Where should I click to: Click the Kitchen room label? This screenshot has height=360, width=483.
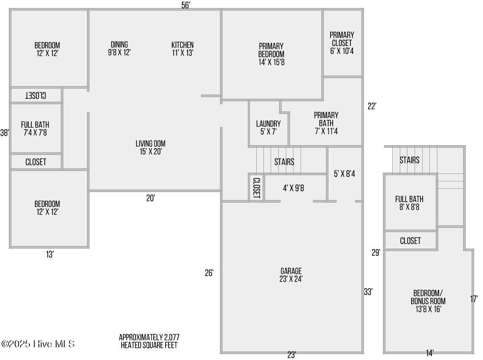coord(182,49)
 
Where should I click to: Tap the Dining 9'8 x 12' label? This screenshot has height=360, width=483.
coord(119,49)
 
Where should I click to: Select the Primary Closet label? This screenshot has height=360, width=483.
coord(342,43)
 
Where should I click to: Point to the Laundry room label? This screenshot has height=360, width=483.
coord(268,128)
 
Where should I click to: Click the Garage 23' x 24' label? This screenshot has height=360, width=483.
coord(291,275)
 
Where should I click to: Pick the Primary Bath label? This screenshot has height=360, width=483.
coord(326,123)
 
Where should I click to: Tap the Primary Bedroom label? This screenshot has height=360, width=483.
coord(271,54)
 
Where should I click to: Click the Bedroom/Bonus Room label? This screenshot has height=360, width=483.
coord(428,301)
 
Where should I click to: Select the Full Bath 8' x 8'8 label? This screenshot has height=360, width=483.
coord(410,203)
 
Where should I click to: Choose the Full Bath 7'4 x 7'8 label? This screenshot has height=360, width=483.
coord(35,129)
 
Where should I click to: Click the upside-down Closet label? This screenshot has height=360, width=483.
coord(36,95)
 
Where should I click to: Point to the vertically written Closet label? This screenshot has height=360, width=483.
coord(257,188)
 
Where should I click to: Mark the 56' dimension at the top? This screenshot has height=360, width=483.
coord(185,5)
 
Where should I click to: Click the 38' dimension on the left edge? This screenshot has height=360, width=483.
coord(4,133)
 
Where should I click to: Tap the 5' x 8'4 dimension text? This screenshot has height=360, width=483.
coord(345,174)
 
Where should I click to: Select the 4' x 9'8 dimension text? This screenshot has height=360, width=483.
coord(293,188)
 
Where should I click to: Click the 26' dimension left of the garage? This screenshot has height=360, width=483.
coord(209,273)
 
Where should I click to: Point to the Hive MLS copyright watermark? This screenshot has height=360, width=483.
coord(38,344)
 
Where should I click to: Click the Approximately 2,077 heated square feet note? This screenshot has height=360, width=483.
coord(149,341)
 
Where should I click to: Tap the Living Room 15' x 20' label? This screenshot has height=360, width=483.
coord(151,148)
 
